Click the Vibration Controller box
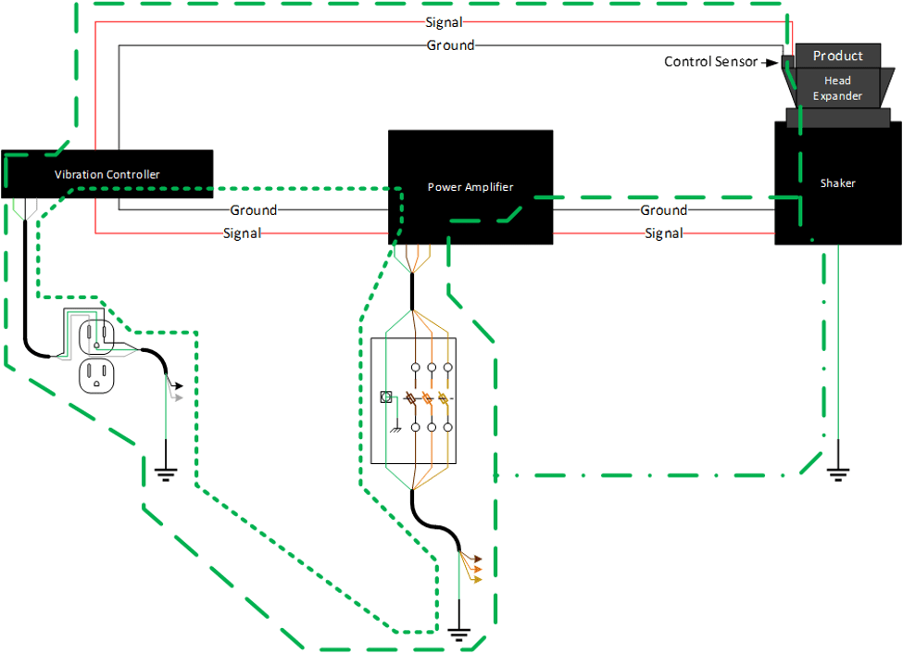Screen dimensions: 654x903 point(107,174)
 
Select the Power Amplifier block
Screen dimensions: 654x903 point(470,187)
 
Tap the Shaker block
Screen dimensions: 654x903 point(837,183)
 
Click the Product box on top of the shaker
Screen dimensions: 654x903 point(837,57)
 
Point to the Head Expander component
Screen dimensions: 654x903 point(837,89)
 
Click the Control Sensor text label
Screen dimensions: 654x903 point(710,62)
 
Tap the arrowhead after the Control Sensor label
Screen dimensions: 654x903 point(768,62)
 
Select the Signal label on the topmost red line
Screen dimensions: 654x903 point(444,21)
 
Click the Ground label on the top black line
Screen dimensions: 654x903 point(450,44)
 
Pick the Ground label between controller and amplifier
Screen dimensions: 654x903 point(253,210)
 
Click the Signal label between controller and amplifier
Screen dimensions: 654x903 point(242,233)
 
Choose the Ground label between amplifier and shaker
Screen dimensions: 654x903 point(664,210)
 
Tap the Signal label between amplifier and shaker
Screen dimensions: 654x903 point(664,233)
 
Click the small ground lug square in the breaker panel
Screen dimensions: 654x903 point(386,396)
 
